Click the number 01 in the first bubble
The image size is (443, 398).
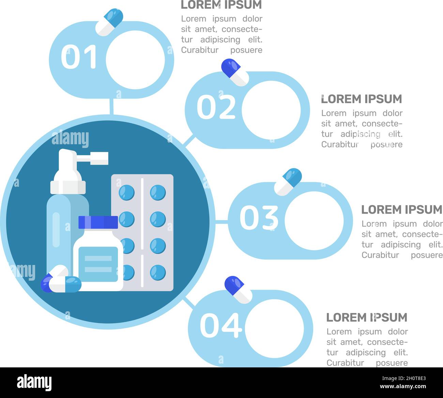(79, 57)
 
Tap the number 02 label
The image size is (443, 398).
(216, 107)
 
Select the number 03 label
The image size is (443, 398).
(259, 218)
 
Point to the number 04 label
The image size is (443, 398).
(221, 326)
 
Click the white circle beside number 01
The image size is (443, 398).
(135, 60)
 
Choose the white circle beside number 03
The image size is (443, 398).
(314, 220)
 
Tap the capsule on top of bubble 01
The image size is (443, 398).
(109, 22)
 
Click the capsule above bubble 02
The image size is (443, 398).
(235, 72)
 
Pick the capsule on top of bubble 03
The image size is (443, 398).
(288, 182)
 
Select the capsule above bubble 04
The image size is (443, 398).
(238, 289)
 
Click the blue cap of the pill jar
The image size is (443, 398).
(98, 222)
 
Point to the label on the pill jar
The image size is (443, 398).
(98, 264)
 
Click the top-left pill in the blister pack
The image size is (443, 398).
(126, 193)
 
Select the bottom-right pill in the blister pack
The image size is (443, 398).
(158, 272)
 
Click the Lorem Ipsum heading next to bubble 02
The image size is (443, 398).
(362, 99)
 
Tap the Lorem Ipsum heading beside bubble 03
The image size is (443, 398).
(402, 210)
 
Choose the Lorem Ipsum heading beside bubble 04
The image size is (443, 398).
(367, 317)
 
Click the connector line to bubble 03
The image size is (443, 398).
(221, 222)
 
